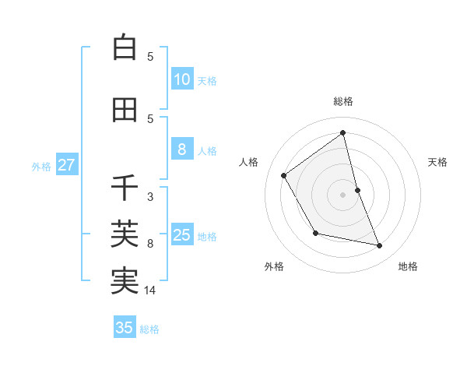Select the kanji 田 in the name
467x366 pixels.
coord(125,111)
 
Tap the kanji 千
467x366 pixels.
coord(125,188)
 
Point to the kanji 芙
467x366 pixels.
coord(125,233)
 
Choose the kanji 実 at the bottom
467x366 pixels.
coord(125,280)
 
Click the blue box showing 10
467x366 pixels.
coord(181,79)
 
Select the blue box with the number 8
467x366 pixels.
coord(181,150)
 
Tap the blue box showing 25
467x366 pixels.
coord(181,236)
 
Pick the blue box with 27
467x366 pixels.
coord(66,165)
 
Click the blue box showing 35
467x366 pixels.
coord(125,328)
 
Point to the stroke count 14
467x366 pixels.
coord(150,290)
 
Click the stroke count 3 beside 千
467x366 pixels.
coord(150,197)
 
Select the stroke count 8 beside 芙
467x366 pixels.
coord(150,244)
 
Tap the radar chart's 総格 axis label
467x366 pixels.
coord(342,101)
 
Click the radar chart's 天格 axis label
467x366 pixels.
coord(437,162)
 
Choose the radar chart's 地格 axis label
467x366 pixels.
coord(408,266)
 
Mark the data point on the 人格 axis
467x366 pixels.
coord(284,175)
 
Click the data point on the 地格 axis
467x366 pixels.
coord(380,246)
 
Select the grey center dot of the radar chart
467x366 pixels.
coord(342,195)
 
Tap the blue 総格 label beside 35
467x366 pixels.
coord(149,329)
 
